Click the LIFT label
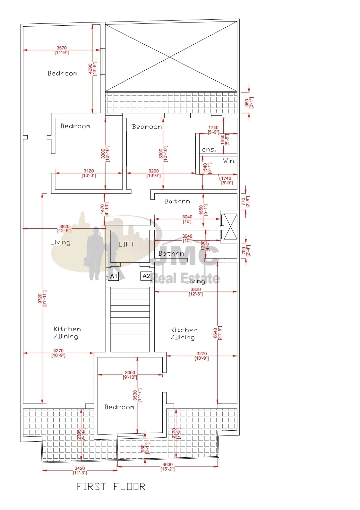(x=126, y=244)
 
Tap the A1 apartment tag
(x=113, y=276)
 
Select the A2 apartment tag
(x=146, y=276)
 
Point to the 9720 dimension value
(x=40, y=298)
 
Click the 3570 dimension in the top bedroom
(x=62, y=48)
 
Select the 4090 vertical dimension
(x=90, y=68)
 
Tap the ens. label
(x=209, y=149)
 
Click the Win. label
(x=229, y=161)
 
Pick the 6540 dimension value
(x=215, y=333)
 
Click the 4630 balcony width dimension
(x=167, y=464)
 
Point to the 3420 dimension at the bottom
(x=80, y=468)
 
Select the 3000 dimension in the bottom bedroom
(x=130, y=373)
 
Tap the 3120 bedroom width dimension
(x=89, y=171)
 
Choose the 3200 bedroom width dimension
(x=154, y=171)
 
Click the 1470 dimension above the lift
(x=102, y=209)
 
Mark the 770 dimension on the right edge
(x=243, y=201)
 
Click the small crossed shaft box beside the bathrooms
(x=231, y=226)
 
